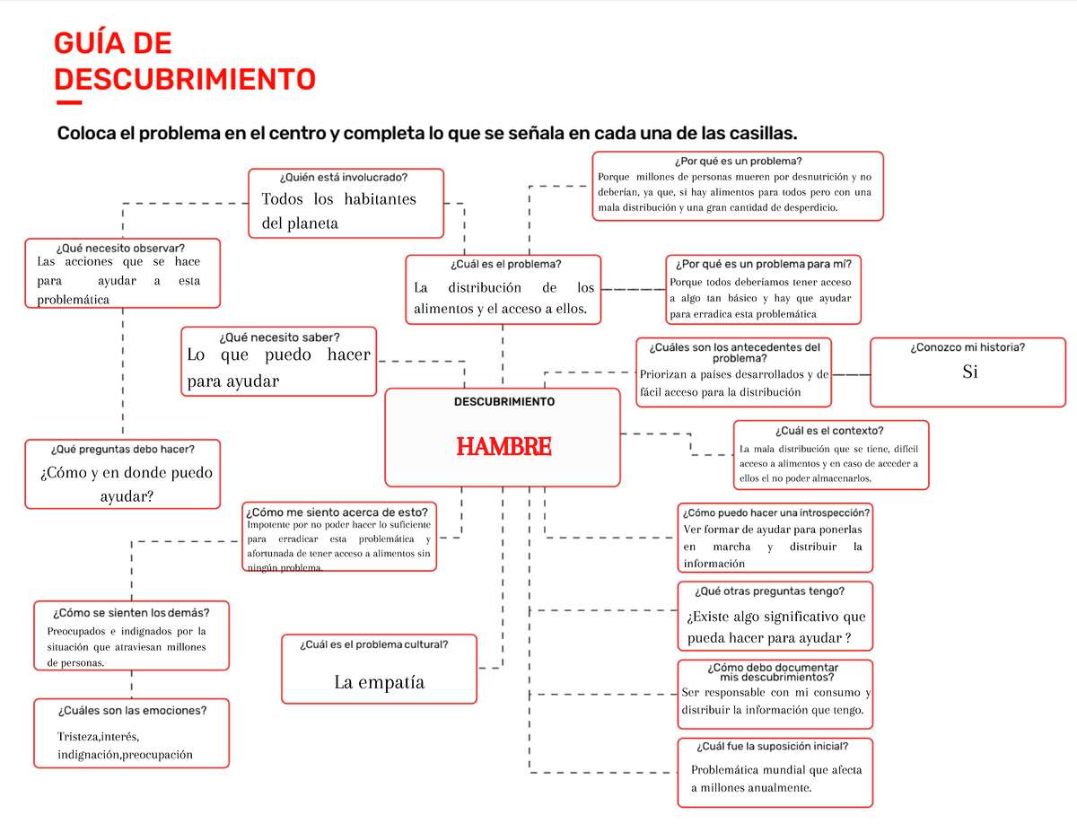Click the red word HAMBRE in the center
[x=503, y=446]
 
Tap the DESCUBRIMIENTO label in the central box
[x=503, y=401]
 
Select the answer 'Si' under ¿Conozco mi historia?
[x=969, y=372]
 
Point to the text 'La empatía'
[x=379, y=682]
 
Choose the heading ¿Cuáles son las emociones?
[x=132, y=710]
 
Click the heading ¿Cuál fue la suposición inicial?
[x=771, y=746]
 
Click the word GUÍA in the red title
[x=90, y=43]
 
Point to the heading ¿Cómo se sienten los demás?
[x=131, y=612]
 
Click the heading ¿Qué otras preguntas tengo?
[x=769, y=591]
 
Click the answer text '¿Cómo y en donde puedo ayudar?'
[x=127, y=484]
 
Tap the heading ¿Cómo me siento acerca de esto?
[x=339, y=512]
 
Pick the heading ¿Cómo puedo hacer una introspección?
[x=775, y=512]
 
